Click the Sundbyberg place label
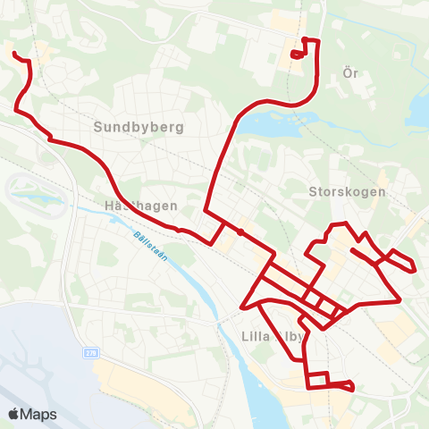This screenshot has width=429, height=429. coord(138,127)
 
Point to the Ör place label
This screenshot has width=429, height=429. coord(350,73)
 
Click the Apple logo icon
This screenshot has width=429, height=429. coord(14,414)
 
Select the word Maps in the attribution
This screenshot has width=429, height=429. coord(38,414)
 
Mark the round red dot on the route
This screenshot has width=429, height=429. coord(240,231)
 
